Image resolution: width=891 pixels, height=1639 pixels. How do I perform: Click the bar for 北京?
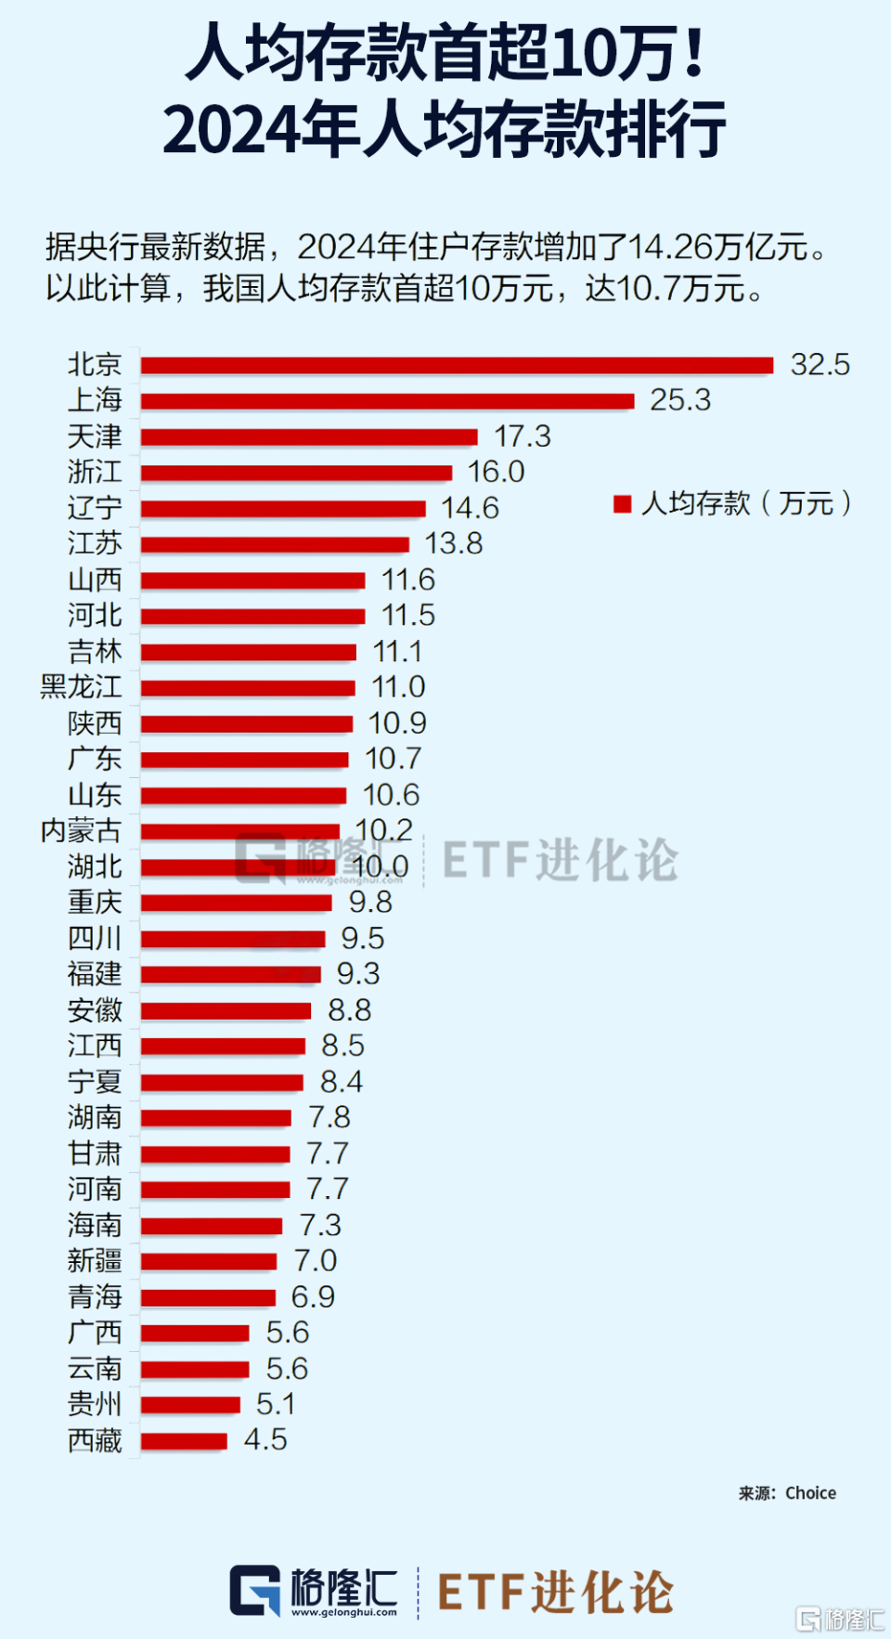pyautogui.click(x=457, y=365)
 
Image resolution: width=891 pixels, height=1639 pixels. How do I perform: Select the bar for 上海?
pyautogui.click(x=387, y=401)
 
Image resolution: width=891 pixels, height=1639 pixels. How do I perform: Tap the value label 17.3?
pyautogui.click(x=523, y=436)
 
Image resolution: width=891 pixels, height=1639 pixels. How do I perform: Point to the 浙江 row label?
pyautogui.click(x=95, y=472)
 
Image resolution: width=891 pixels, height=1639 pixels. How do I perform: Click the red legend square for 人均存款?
pyautogui.click(x=623, y=504)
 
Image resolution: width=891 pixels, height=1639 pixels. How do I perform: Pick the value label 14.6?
pyautogui.click(x=470, y=508)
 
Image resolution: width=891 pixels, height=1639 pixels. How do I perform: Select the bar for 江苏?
pyautogui.click(x=275, y=544)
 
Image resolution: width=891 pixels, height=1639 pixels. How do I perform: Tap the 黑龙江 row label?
pyautogui.click(x=81, y=687)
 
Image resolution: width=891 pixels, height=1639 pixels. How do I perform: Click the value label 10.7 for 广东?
pyautogui.click(x=394, y=759)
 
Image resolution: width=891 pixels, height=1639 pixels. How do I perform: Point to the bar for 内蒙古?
pyautogui.click(x=239, y=831)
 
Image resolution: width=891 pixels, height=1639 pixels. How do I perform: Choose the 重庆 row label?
pyautogui.click(x=95, y=903)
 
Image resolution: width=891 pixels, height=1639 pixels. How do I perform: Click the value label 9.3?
pyautogui.click(x=358, y=974)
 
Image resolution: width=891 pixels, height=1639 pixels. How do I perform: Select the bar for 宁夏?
pyautogui.click(x=222, y=1082)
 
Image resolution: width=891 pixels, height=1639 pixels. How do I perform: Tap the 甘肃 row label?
pyautogui.click(x=95, y=1153)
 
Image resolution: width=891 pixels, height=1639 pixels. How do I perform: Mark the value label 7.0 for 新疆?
pyautogui.click(x=316, y=1261)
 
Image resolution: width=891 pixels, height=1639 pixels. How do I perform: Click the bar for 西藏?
pyautogui.click(x=184, y=1441)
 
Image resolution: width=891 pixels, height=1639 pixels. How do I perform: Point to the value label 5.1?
pyautogui.click(x=276, y=1404)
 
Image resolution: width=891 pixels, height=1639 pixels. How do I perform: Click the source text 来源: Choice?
pyautogui.click(x=787, y=1493)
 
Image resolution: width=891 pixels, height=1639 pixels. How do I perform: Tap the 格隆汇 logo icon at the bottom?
pyautogui.click(x=255, y=1590)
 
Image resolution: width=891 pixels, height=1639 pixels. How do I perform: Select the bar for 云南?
pyautogui.click(x=195, y=1369)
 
